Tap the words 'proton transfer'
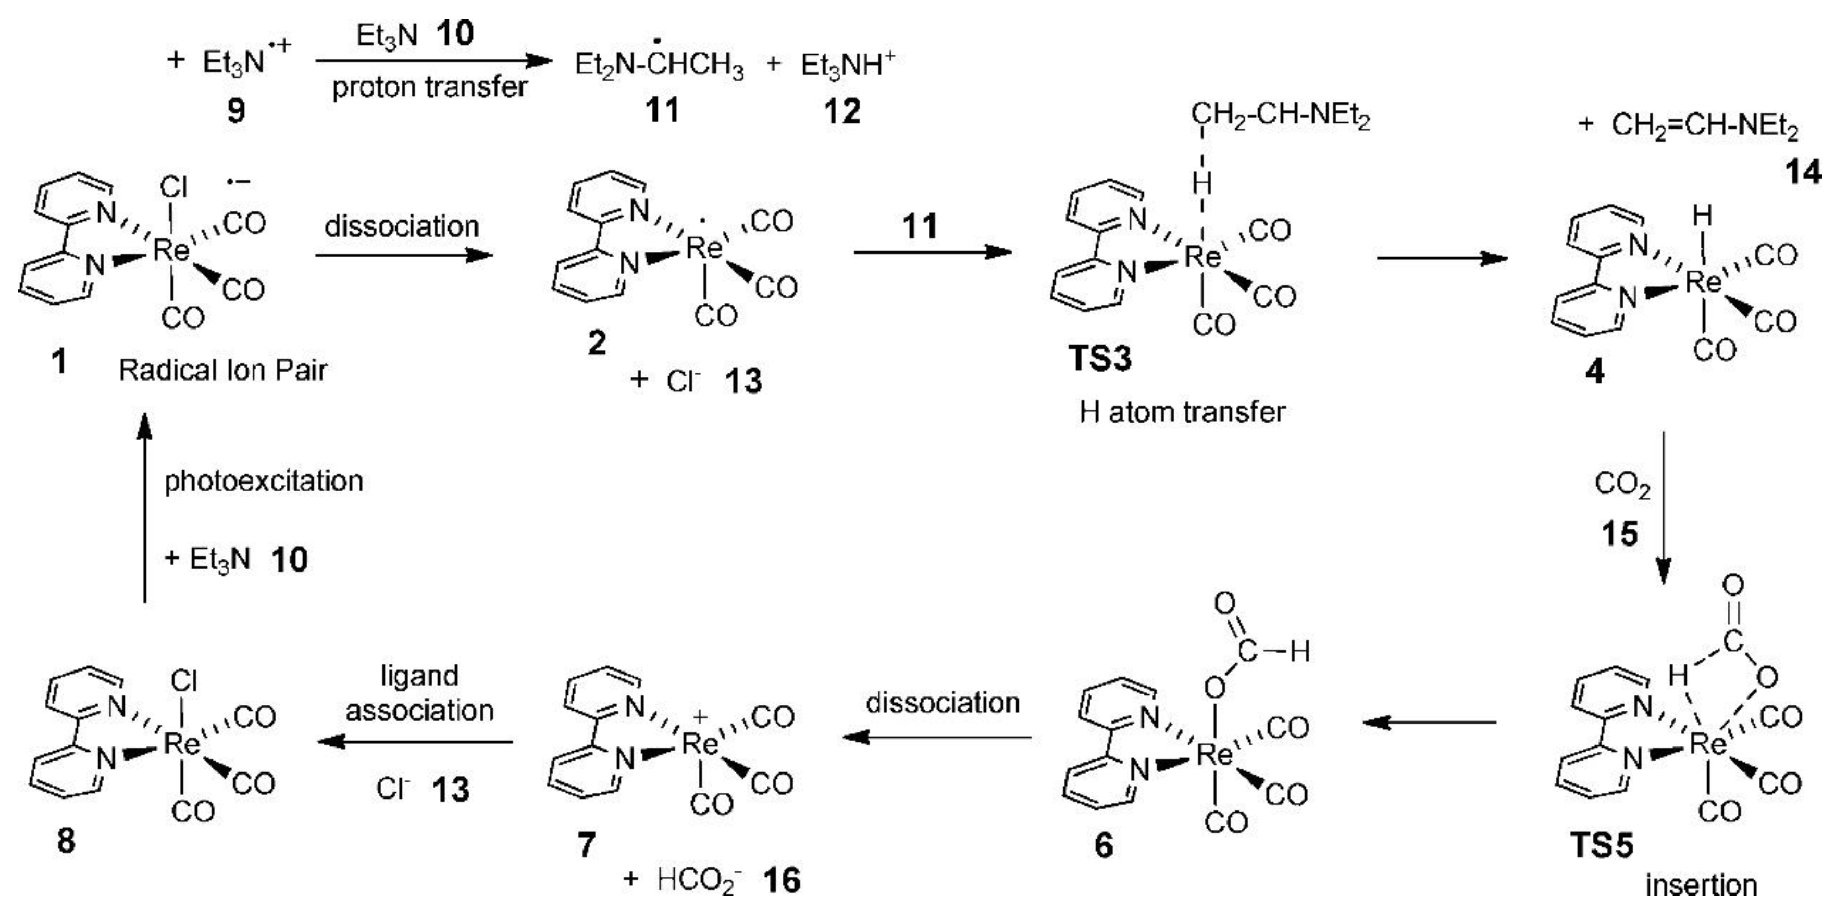click(x=429, y=87)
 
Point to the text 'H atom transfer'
click(x=1183, y=412)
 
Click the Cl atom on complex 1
click(x=173, y=188)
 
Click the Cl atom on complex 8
click(x=184, y=681)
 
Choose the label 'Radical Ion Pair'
click(x=223, y=370)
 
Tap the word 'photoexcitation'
click(x=264, y=482)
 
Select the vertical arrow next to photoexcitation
click(x=145, y=509)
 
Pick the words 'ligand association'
click(x=419, y=693)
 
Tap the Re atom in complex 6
click(x=1214, y=753)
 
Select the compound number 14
click(x=1803, y=172)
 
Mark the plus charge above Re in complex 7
click(x=700, y=716)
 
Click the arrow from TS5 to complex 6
click(x=1428, y=723)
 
